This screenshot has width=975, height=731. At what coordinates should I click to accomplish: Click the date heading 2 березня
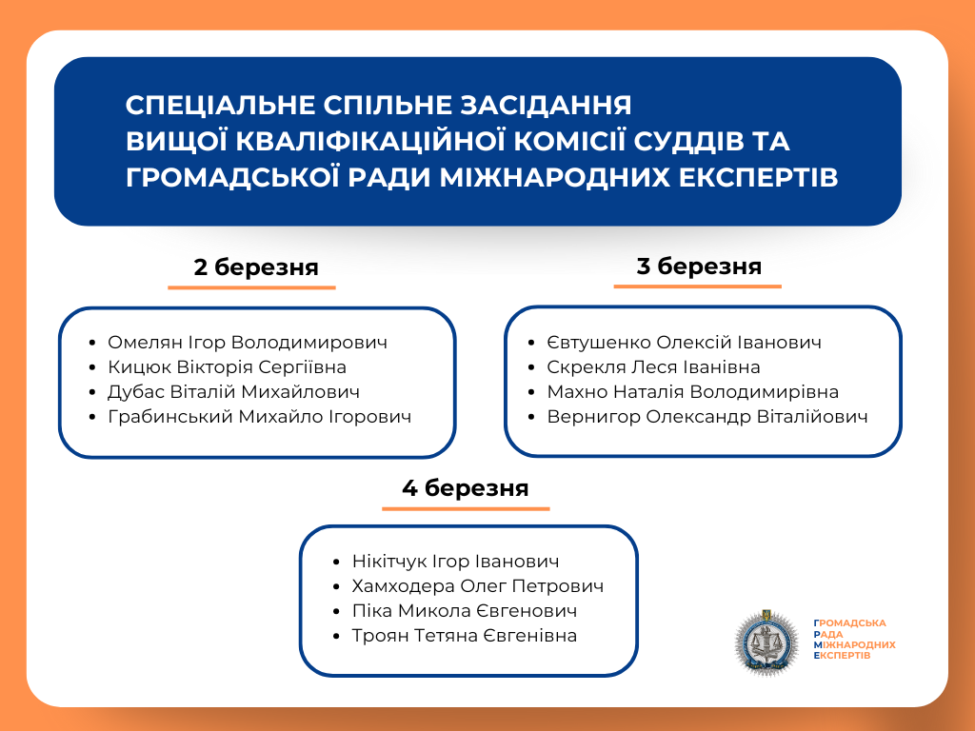coord(255,267)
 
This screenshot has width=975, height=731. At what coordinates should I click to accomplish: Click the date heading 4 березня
coord(465,488)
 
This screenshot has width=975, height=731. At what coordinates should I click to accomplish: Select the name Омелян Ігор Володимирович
coord(248,343)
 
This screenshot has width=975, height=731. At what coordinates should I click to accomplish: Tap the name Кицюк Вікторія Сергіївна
coord(227,367)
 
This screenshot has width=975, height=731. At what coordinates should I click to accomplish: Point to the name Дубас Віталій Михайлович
coord(233,392)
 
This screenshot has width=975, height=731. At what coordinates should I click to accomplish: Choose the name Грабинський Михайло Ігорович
coord(259,417)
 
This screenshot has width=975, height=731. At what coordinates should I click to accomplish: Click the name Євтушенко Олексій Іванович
coord(684,343)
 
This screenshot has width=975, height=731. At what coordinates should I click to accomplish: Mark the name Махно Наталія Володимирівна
coord(692,392)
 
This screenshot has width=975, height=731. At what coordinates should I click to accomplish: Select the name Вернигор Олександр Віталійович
coord(706,417)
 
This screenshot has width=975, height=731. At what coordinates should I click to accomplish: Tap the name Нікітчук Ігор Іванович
coord(455,562)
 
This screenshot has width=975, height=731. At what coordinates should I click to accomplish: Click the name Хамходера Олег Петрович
coord(477,586)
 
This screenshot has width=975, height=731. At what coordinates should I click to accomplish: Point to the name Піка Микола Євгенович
coord(464,611)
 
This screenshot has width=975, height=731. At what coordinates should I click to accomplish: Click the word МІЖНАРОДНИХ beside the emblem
coord(855,645)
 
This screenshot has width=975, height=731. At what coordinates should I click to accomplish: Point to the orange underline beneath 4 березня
coord(466,508)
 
